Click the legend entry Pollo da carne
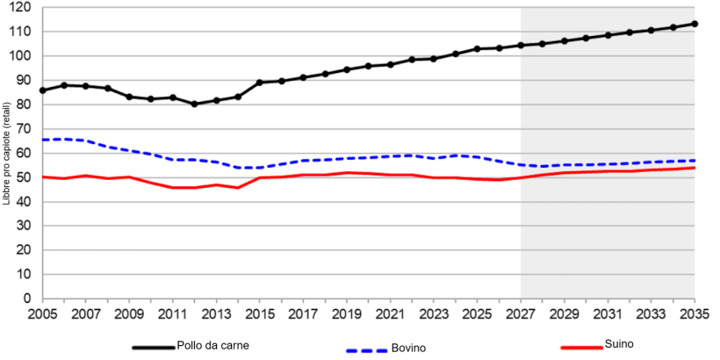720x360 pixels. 213,346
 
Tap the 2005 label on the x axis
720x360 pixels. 42,313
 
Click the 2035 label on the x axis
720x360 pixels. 695,313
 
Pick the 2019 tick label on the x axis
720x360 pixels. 347,313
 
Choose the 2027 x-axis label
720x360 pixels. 521,313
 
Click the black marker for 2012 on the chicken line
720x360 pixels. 194,104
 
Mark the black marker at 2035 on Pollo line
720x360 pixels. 695,24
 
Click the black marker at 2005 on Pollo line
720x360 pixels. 42,90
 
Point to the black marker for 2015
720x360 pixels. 260,83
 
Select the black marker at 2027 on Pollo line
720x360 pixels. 521,45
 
